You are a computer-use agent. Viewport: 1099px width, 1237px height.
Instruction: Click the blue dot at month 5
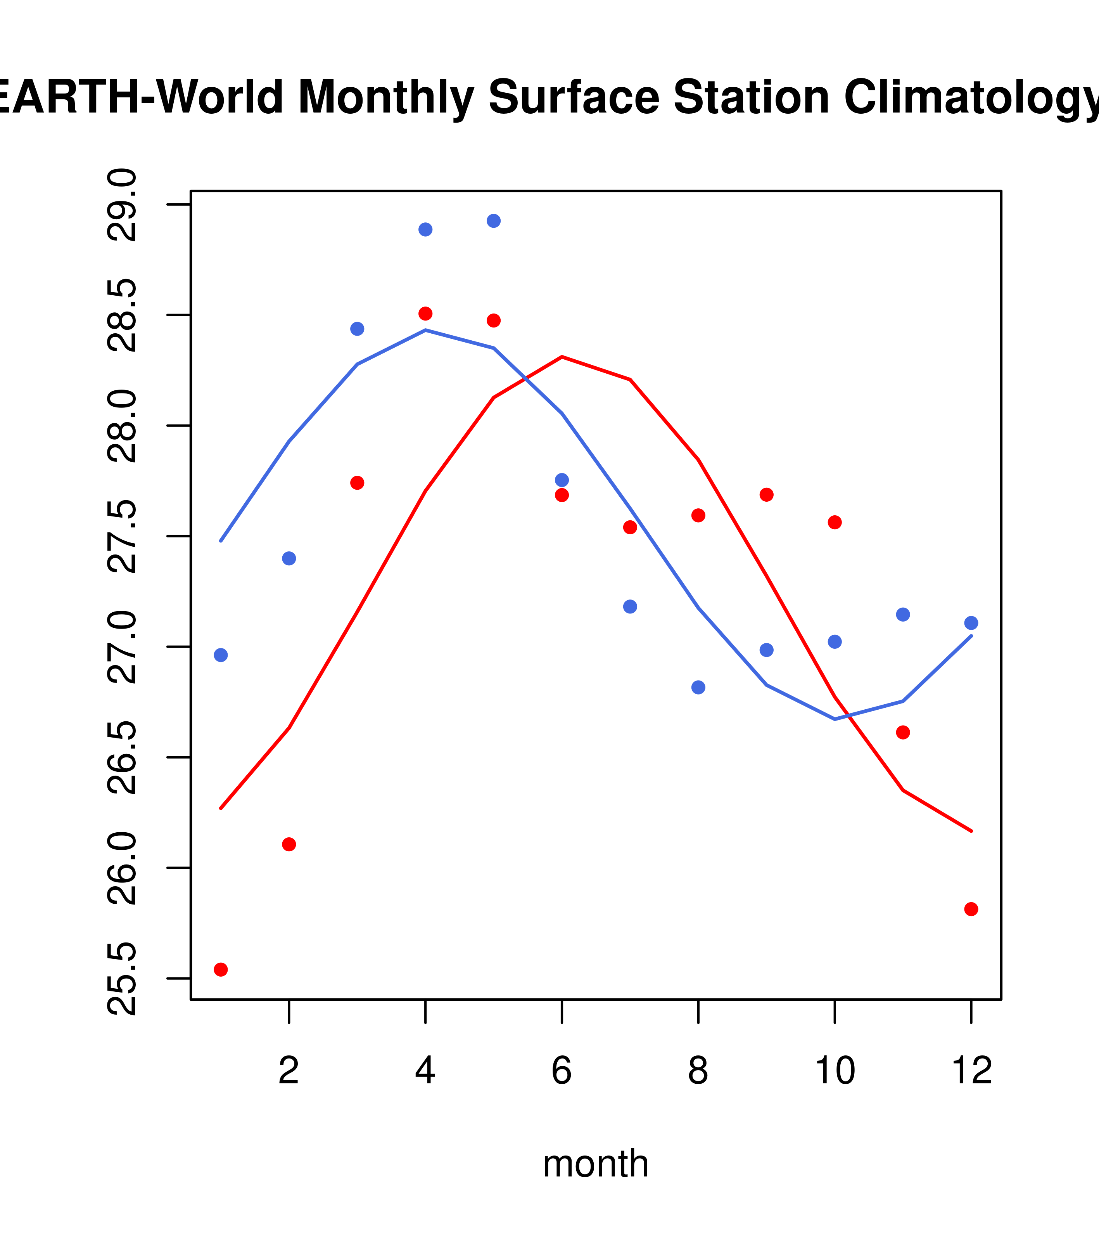(494, 221)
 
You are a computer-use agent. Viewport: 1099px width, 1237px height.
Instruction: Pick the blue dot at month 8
(698, 688)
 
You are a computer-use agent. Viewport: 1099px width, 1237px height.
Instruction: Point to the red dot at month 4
(425, 314)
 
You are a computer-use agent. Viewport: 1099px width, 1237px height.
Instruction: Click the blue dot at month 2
(289, 558)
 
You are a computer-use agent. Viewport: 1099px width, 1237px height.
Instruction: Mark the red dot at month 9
(766, 494)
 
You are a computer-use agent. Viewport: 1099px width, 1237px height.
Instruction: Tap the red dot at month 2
(289, 844)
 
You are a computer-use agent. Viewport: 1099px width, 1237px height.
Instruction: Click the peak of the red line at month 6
(562, 357)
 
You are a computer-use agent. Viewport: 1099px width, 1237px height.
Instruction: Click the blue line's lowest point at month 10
(835, 719)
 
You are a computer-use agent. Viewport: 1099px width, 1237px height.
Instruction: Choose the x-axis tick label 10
(835, 1072)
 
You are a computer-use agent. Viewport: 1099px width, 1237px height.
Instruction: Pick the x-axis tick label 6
(562, 1072)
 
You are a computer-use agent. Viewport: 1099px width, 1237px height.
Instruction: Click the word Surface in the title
(574, 97)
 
